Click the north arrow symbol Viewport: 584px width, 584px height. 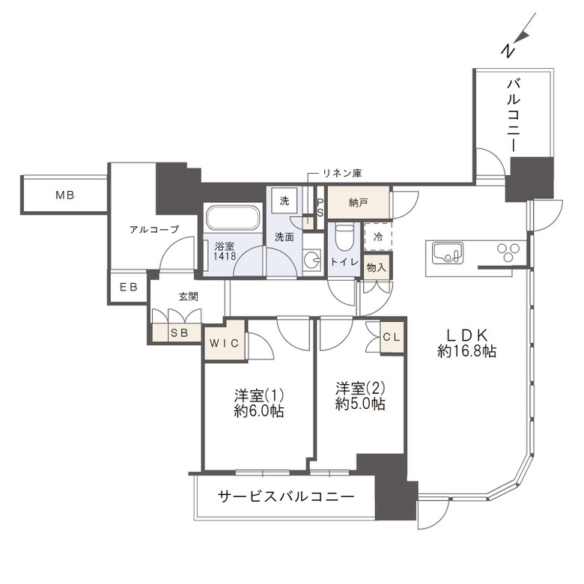pyautogui.click(x=519, y=35)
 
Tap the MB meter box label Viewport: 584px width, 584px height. pyautogui.click(x=65, y=195)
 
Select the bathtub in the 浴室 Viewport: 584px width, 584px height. pyautogui.click(x=233, y=218)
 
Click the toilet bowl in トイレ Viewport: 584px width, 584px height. pyautogui.click(x=343, y=237)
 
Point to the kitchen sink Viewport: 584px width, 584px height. pyautogui.click(x=448, y=253)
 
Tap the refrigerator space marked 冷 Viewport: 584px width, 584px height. pyautogui.click(x=378, y=237)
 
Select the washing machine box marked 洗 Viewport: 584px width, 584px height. pyautogui.click(x=285, y=201)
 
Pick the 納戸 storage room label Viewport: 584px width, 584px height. pyautogui.click(x=359, y=203)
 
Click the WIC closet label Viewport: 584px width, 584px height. pyautogui.click(x=224, y=343)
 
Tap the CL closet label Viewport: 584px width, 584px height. pyautogui.click(x=392, y=337)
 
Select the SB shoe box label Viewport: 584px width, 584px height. pyautogui.click(x=180, y=332)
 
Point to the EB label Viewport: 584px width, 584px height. pyautogui.click(x=129, y=287)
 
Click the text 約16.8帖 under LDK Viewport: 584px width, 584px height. pyautogui.click(x=466, y=351)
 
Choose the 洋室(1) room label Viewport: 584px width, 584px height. pyautogui.click(x=259, y=395)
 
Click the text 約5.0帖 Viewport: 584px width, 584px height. pyautogui.click(x=360, y=404)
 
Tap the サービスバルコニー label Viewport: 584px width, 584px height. pyautogui.click(x=286, y=496)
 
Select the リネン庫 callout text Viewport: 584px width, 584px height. pyautogui.click(x=342, y=173)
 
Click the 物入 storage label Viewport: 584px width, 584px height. pyautogui.click(x=376, y=267)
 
